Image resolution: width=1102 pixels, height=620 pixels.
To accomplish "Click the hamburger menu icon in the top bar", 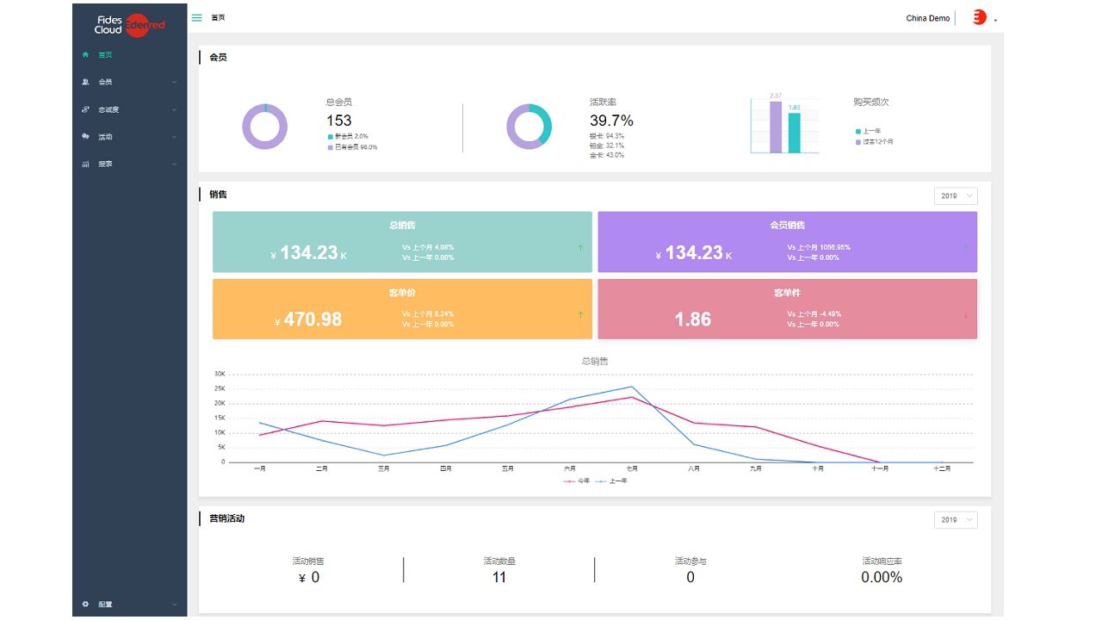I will [x=197, y=17].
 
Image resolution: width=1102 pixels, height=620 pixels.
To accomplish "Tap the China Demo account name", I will [x=927, y=18].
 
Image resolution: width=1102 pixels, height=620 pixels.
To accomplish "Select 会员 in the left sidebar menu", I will [x=105, y=83].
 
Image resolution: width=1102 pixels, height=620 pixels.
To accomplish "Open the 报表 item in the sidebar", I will [x=105, y=164].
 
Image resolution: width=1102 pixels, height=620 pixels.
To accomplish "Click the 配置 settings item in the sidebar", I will [x=105, y=604].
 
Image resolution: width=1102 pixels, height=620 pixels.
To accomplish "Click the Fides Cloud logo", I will [x=129, y=24].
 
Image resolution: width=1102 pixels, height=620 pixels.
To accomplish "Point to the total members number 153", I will [x=339, y=121].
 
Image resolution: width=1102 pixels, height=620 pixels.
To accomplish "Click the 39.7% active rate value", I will [x=611, y=121].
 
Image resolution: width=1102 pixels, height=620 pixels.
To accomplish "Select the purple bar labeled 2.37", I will [x=776, y=127].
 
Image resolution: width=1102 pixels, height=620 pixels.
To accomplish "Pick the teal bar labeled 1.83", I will [x=795, y=133].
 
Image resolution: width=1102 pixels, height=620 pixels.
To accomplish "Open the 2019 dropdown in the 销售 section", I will [x=956, y=196].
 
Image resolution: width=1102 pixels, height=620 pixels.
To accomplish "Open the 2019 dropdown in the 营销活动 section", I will [x=956, y=520].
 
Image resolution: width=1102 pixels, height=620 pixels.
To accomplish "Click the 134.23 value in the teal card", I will [x=308, y=253].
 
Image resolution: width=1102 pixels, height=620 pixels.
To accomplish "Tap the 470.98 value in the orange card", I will [x=313, y=319].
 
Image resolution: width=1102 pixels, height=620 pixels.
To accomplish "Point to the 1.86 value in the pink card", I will [x=693, y=319].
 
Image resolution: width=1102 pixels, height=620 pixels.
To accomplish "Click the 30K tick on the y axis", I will [x=220, y=375].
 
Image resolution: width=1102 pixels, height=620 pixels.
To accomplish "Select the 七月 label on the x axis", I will [x=632, y=469].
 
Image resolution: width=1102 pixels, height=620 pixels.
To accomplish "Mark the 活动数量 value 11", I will [x=499, y=578].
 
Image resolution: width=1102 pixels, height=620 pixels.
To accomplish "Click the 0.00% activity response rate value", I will [x=882, y=578].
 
